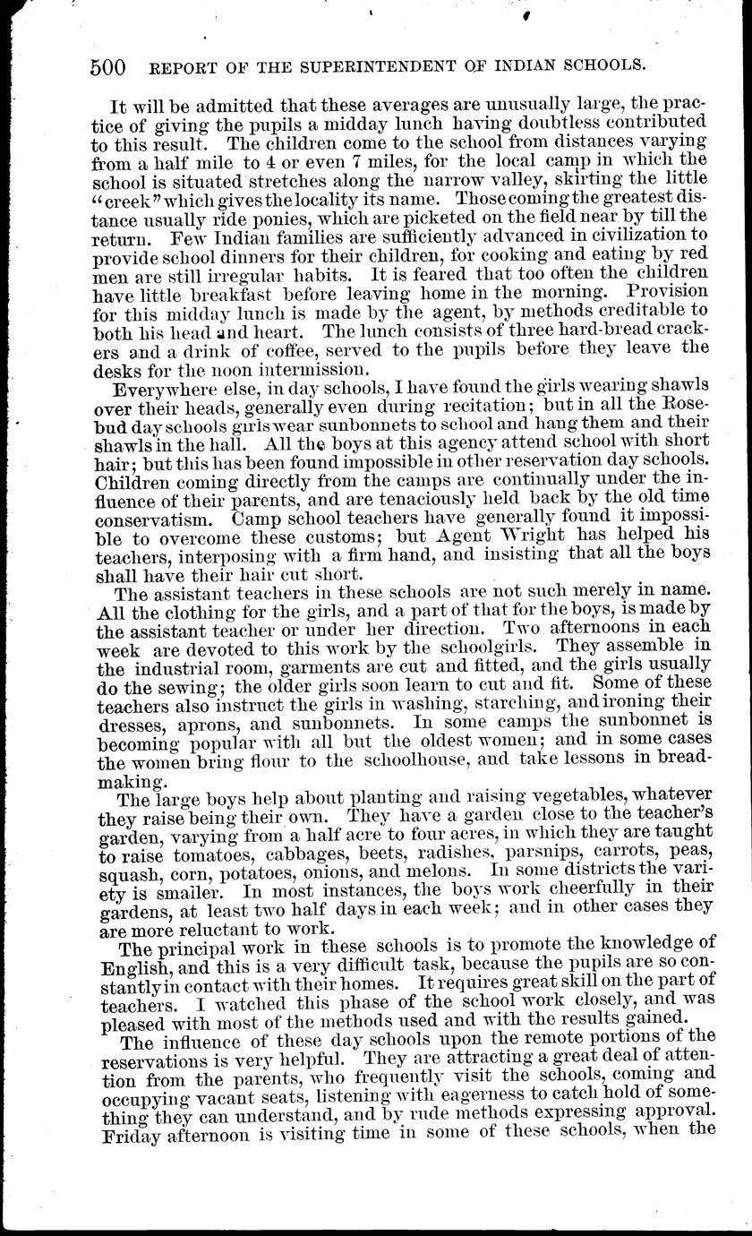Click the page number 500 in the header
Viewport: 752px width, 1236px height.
point(107,66)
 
